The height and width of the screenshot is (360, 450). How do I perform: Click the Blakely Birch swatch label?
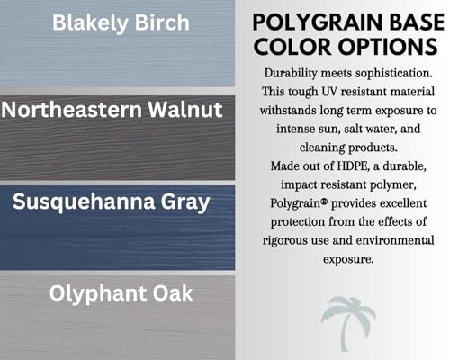click(x=121, y=23)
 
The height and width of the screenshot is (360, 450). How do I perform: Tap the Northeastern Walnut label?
click(x=112, y=110)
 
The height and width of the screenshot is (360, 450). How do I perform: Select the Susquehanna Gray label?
click(x=112, y=202)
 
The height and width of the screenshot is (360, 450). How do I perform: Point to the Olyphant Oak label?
click(x=121, y=293)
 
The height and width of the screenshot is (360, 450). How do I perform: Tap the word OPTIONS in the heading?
click(x=388, y=47)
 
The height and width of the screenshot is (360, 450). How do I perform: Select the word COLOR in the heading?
click(x=292, y=47)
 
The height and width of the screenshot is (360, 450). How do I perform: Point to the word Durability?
click(x=291, y=74)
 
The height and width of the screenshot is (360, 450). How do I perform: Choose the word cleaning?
click(x=322, y=148)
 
